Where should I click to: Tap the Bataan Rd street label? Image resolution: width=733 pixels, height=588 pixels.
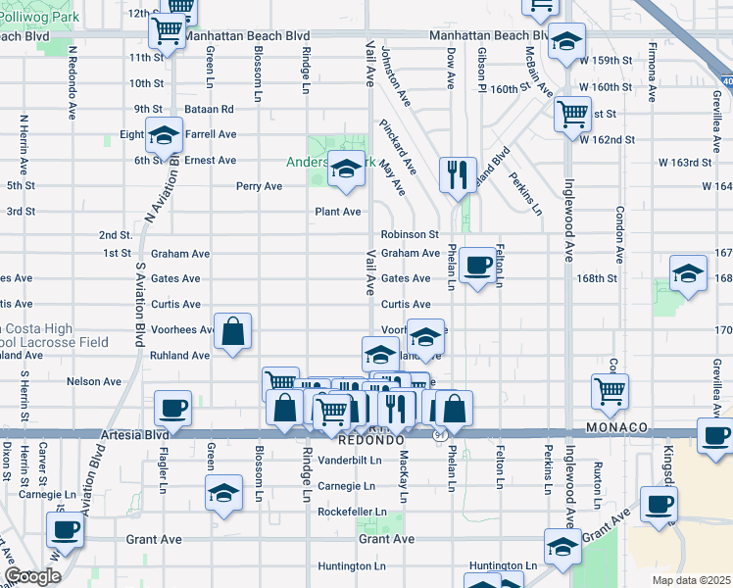tap(212, 109)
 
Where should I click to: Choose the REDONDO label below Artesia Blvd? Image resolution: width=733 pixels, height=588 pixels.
tap(374, 442)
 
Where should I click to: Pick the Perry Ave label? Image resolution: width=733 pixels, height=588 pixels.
tap(259, 186)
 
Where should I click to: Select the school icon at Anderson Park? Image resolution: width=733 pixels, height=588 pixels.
tap(345, 170)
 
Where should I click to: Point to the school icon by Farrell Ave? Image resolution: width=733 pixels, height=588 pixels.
tap(164, 134)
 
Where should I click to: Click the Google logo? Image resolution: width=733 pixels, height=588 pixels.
tap(32, 577)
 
